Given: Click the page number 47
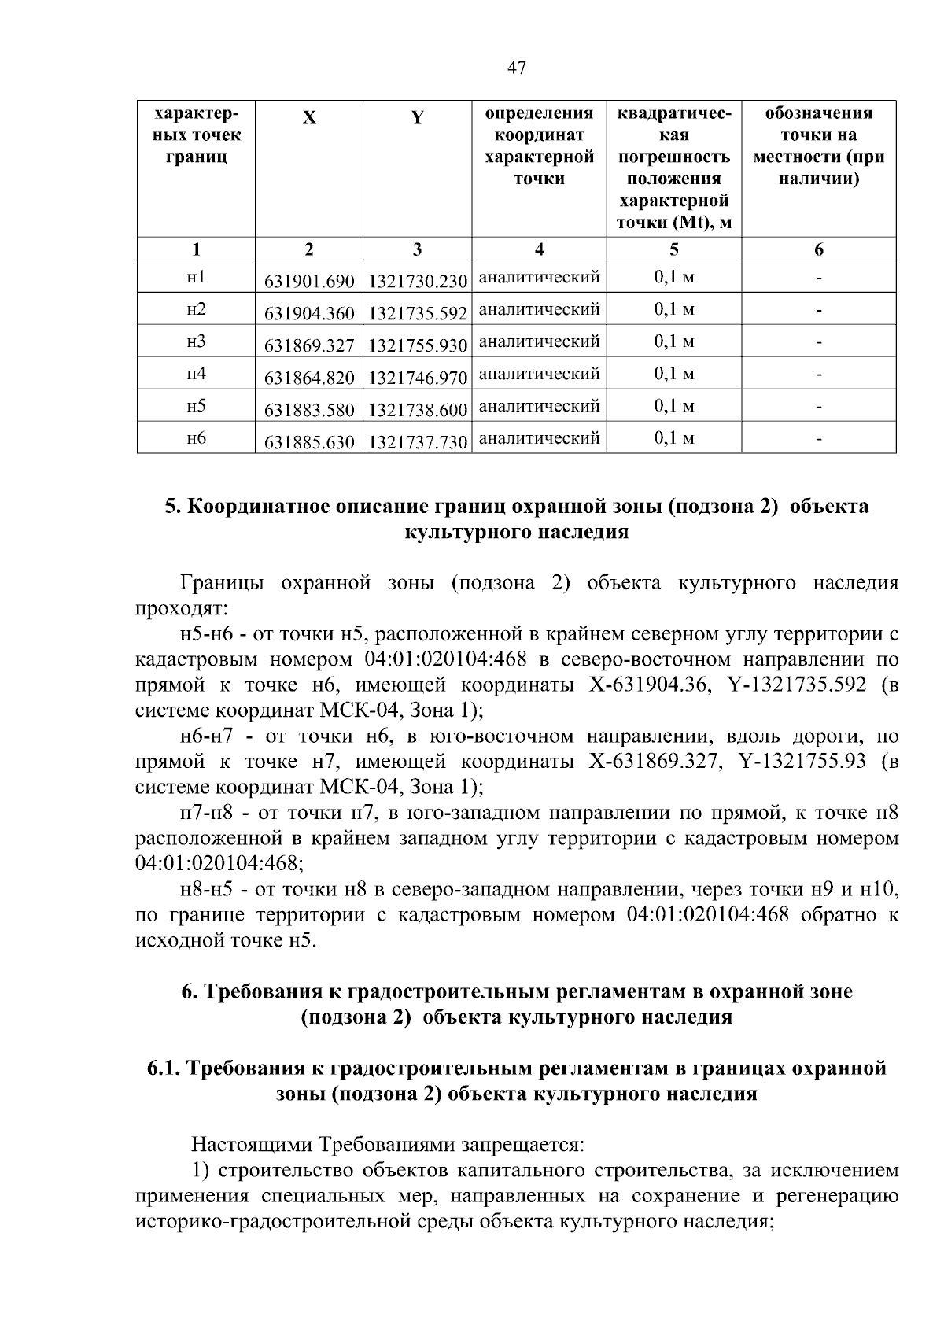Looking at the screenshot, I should coord(516,68).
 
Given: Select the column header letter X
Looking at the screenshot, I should coord(310,118).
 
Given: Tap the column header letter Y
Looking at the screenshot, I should coord(417,118).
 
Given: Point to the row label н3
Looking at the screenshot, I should coord(196,341).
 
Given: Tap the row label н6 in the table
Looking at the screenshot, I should coord(196,438).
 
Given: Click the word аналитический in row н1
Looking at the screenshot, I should coord(539,277).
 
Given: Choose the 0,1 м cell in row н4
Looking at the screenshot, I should coord(674,374).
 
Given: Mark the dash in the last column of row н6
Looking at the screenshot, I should coord(819,440).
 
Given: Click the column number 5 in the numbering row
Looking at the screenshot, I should coord(674,249).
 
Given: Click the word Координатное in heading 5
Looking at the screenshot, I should coord(260,506).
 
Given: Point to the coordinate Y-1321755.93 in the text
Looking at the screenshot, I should coord(802,762).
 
